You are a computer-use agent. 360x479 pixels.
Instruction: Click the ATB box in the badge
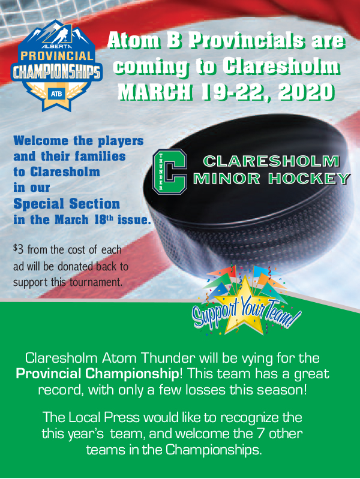tap(56, 94)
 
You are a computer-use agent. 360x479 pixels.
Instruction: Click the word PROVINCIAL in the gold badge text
tap(57, 56)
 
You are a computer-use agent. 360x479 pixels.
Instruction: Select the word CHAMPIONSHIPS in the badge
tap(56, 72)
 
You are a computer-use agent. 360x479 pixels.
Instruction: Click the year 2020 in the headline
tap(306, 92)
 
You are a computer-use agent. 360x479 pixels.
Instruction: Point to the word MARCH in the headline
tap(155, 92)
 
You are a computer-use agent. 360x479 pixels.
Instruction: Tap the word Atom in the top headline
tap(133, 41)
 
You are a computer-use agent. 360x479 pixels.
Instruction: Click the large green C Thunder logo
tap(170, 171)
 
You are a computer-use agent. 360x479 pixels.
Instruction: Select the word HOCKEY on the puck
tap(309, 179)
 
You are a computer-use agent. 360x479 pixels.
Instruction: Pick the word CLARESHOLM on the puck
tap(271, 161)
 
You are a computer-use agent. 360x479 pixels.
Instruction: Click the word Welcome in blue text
tap(41, 141)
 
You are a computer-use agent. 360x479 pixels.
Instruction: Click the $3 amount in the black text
tap(18, 249)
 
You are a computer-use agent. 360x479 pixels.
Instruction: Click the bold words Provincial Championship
tap(97, 373)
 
